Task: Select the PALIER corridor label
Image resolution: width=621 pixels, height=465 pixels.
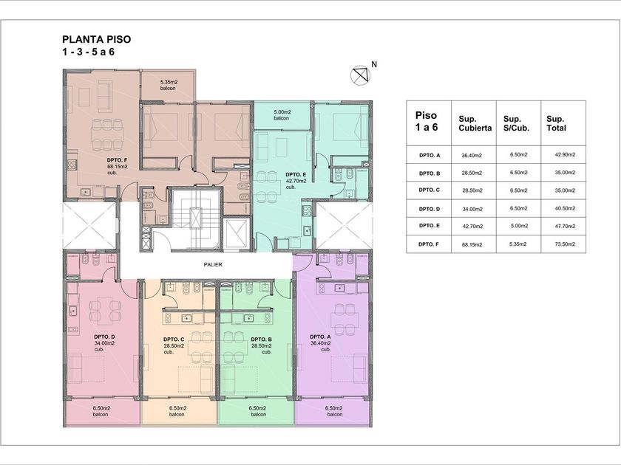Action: (x=213, y=264)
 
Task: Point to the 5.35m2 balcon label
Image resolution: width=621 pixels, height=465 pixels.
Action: (x=169, y=85)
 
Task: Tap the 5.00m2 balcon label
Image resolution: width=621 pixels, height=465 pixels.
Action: (x=281, y=115)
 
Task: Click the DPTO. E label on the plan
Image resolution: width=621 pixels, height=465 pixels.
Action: (x=296, y=174)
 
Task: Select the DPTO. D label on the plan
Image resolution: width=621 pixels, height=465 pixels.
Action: (x=104, y=337)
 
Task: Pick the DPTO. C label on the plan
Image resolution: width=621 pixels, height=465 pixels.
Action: (x=174, y=340)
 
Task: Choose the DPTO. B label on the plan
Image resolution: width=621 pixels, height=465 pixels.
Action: (x=261, y=340)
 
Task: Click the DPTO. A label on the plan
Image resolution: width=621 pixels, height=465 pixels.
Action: (x=320, y=337)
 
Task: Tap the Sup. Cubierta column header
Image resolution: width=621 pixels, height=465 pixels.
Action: (x=475, y=123)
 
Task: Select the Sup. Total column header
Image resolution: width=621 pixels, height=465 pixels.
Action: (x=557, y=123)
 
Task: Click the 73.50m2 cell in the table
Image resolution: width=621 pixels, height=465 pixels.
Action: (x=565, y=244)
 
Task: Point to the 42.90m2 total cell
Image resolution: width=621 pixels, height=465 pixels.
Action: (x=565, y=154)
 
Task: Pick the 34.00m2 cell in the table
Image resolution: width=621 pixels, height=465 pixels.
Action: (x=472, y=209)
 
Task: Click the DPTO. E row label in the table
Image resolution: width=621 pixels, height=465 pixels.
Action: (x=429, y=225)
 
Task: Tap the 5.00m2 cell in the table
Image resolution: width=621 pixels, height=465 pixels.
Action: (x=519, y=226)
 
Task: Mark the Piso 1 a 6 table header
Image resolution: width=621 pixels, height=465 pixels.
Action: (x=427, y=121)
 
